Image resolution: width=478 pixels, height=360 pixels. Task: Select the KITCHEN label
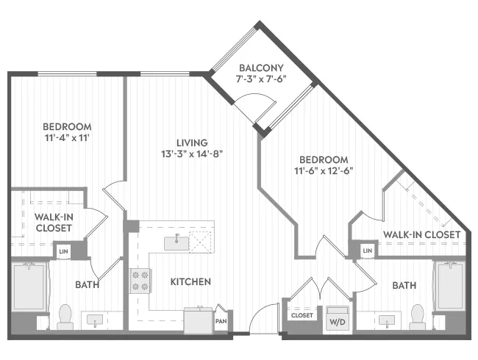pyautogui.click(x=190, y=281)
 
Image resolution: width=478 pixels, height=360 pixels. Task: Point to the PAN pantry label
pyautogui.click(x=220, y=320)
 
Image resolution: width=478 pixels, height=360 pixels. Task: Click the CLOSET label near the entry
pyautogui.click(x=302, y=315)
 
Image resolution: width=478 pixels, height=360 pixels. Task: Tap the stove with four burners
pyautogui.click(x=140, y=281)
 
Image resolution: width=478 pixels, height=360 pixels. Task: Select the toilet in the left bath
pyautogui.click(x=64, y=314)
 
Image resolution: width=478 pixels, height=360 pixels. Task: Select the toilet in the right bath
pyautogui.click(x=418, y=314)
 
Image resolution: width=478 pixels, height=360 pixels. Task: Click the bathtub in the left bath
pyautogui.click(x=30, y=287)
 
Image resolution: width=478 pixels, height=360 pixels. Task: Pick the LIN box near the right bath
pyautogui.click(x=367, y=251)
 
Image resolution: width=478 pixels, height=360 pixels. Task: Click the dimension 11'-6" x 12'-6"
pyautogui.click(x=324, y=171)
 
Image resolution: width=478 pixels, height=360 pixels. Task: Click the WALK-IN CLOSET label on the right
pyautogui.click(x=421, y=234)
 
